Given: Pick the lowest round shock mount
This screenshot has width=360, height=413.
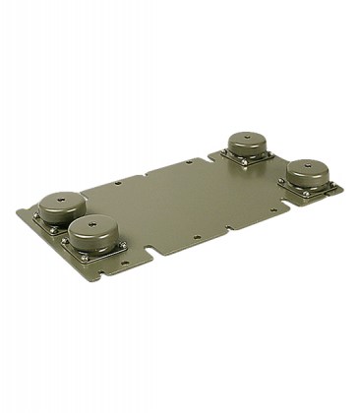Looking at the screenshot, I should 95,233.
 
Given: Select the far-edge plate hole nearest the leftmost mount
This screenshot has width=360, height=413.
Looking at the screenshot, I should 117,182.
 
